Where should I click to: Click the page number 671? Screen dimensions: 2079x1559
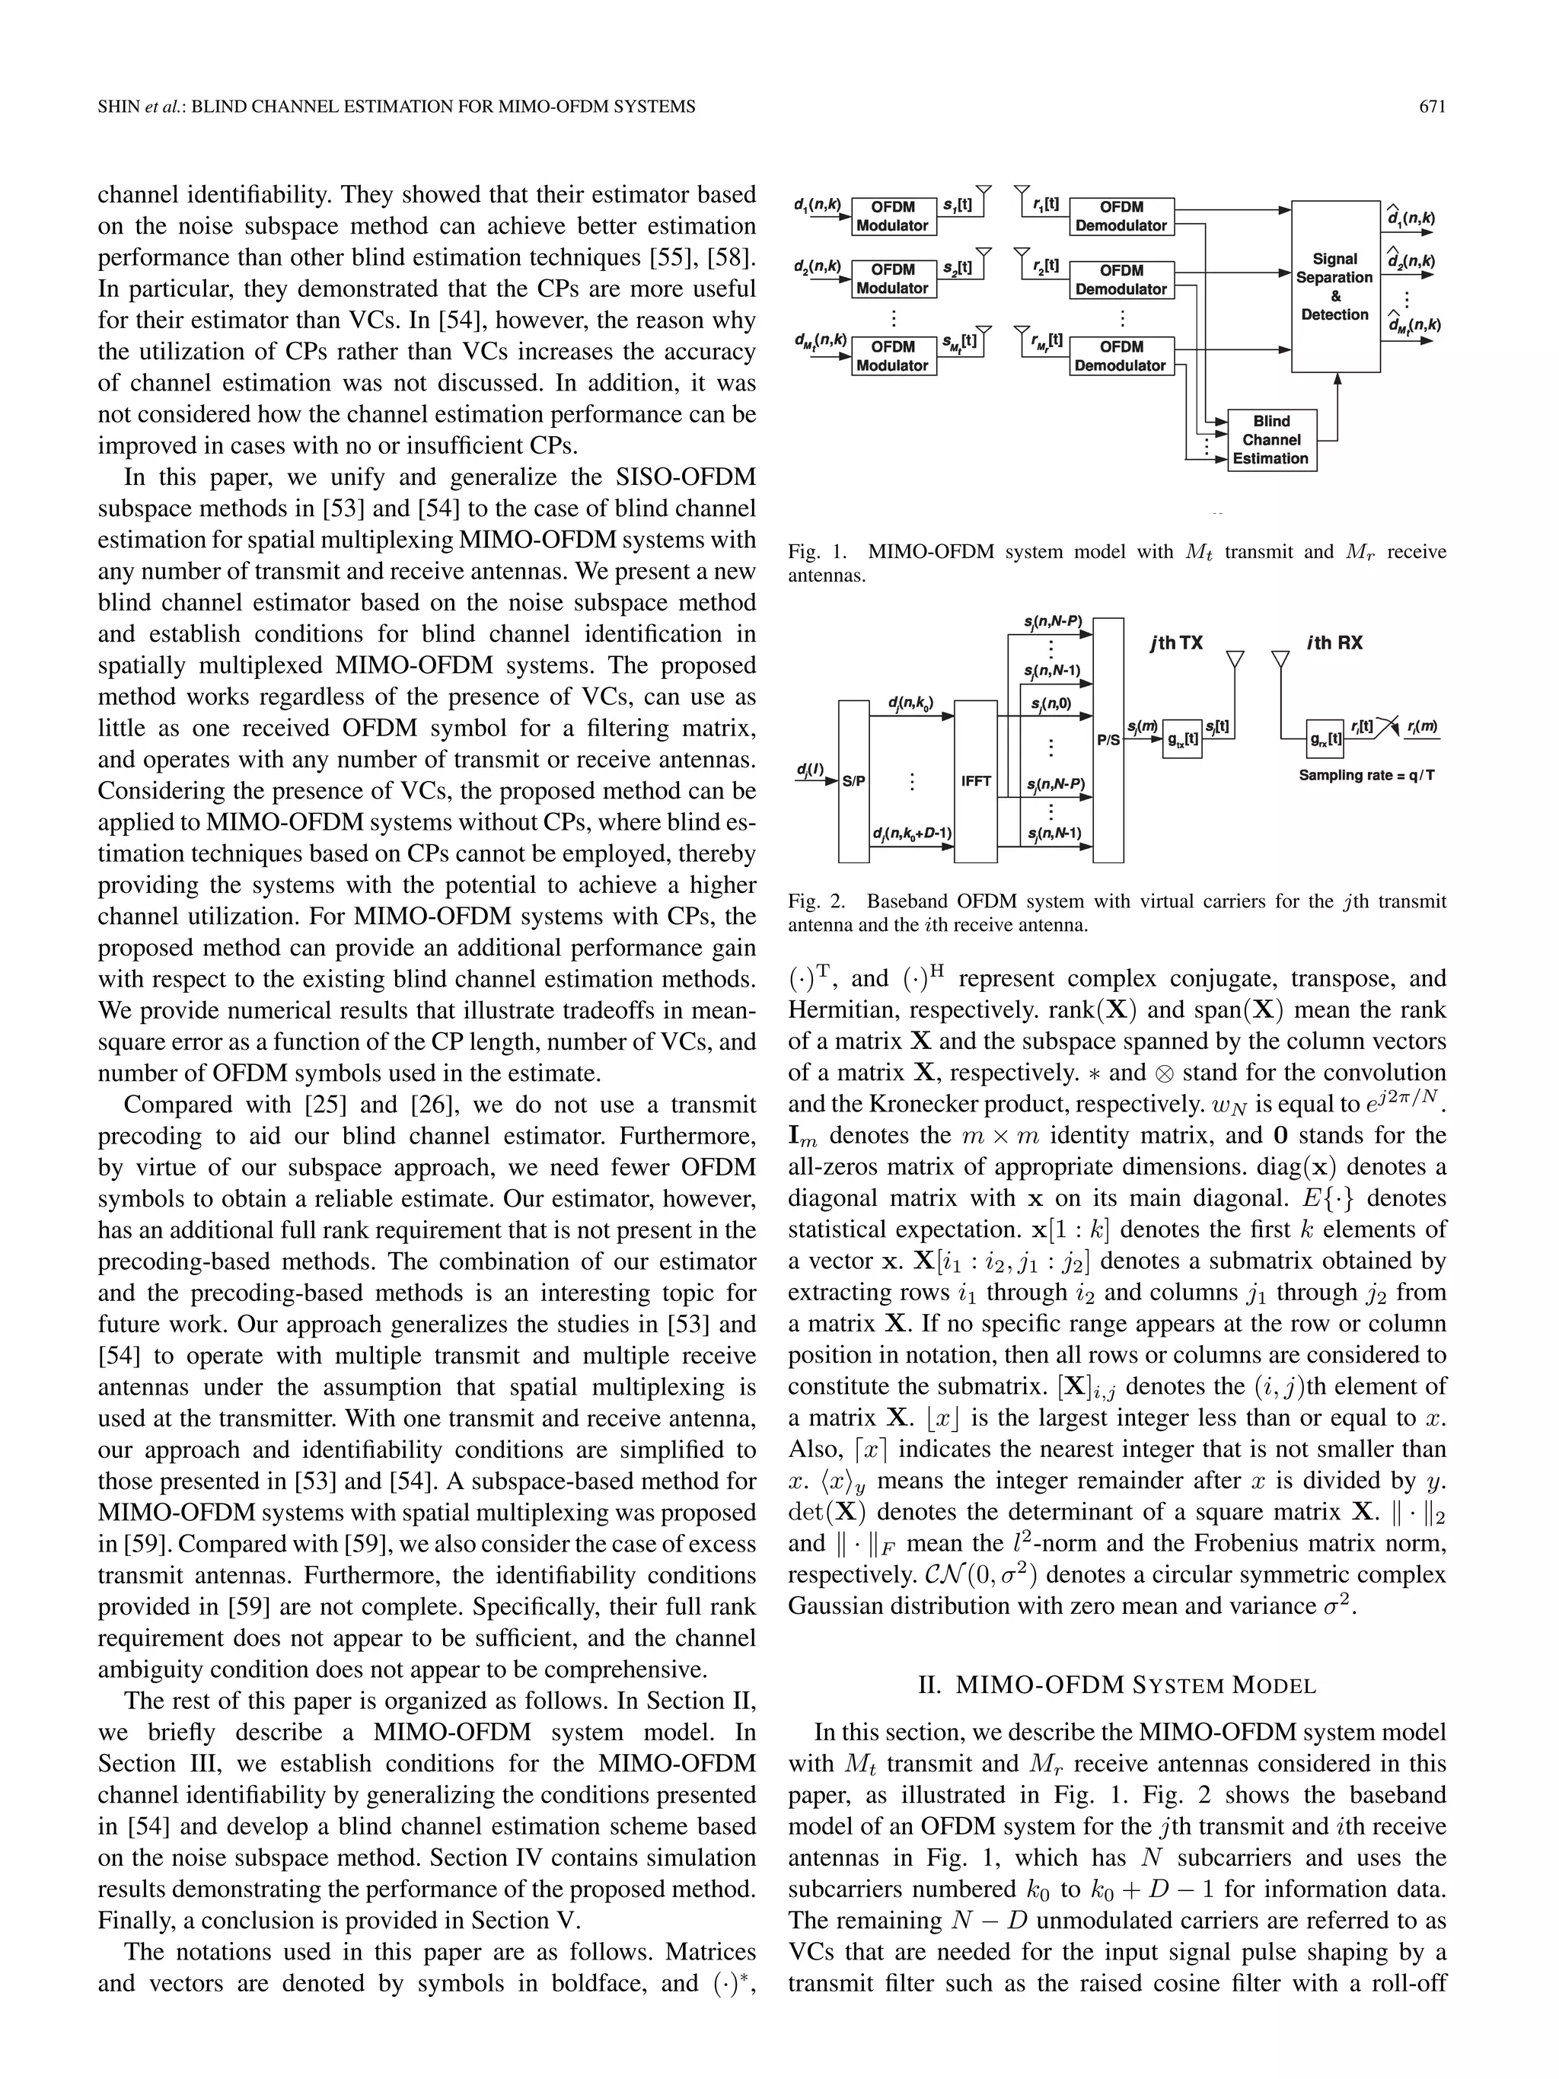1431,107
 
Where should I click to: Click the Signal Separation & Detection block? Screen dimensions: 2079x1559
1335,287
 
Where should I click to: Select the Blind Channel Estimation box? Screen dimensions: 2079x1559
1271,440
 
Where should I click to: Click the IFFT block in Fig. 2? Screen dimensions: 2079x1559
975,780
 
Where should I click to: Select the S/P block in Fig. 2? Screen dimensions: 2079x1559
853,780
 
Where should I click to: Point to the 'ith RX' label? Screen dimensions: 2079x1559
1334,644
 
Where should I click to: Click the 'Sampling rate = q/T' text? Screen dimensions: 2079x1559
1366,776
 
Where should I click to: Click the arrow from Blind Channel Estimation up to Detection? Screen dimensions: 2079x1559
1337,404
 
